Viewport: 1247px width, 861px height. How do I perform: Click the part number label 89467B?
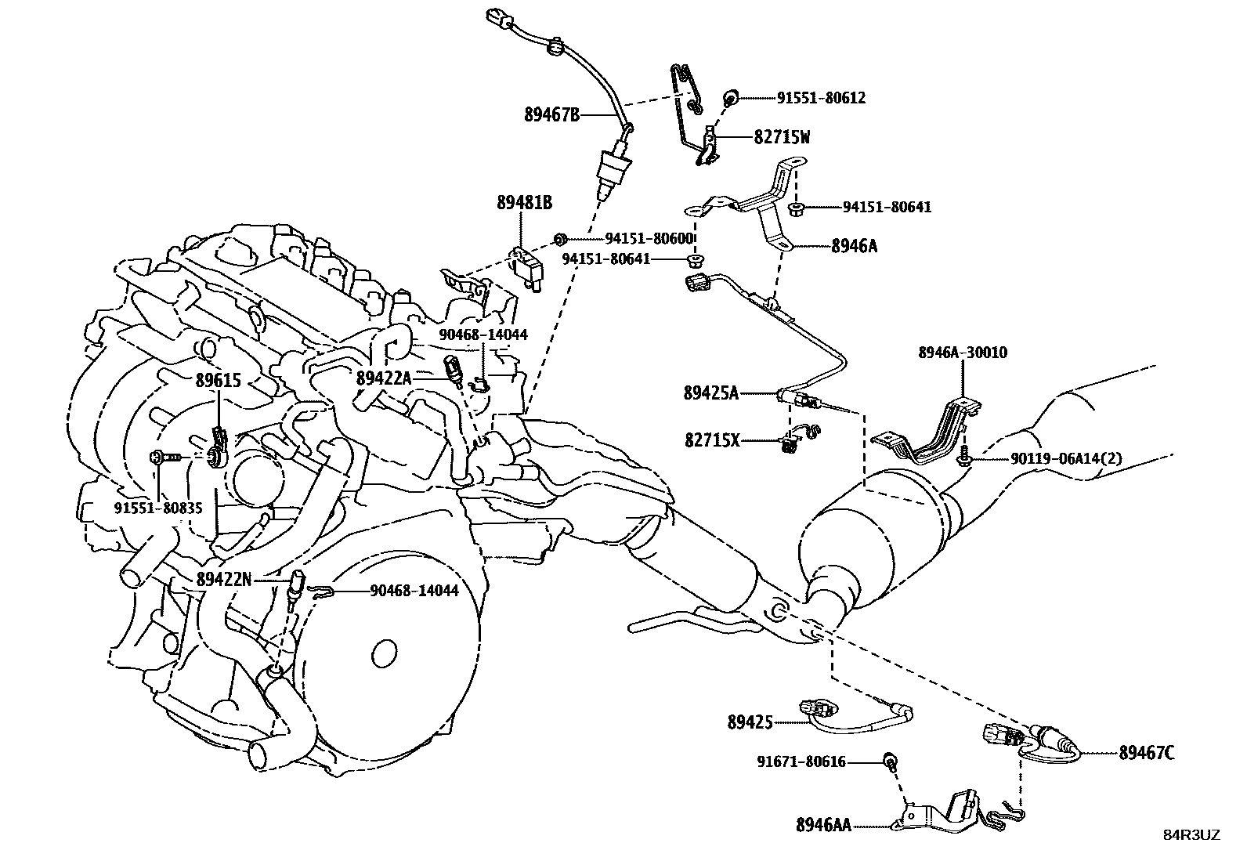point(551,115)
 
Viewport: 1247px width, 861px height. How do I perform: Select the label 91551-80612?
point(821,98)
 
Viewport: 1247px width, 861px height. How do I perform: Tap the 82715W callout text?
point(781,137)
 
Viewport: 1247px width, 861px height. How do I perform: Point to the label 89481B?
point(524,203)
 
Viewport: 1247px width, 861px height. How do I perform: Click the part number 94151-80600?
point(649,238)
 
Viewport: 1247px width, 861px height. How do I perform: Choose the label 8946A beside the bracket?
point(854,246)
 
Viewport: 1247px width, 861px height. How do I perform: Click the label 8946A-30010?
point(963,353)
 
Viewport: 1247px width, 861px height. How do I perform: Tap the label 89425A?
point(710,393)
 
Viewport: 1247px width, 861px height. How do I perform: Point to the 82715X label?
point(711,441)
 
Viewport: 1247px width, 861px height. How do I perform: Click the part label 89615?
point(218,382)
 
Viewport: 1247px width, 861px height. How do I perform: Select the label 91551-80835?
point(158,508)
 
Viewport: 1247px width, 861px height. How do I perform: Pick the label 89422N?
point(224,579)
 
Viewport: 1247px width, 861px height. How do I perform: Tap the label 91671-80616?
point(801,762)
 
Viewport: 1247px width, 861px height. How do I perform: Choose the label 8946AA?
point(823,825)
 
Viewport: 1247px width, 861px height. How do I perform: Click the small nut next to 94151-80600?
point(560,237)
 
